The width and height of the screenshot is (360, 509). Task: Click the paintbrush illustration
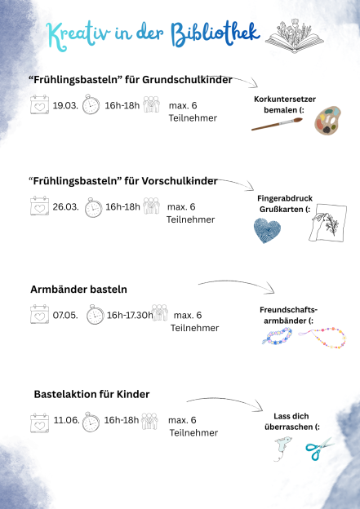coord(277,124)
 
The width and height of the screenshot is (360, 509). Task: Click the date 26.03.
coord(65,207)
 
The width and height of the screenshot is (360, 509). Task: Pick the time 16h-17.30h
coord(130,316)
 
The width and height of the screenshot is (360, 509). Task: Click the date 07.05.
coord(65,316)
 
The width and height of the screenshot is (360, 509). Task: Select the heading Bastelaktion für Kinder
coord(91,394)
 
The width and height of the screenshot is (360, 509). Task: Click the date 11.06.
coord(65,421)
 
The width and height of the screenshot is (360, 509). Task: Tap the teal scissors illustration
coord(318,448)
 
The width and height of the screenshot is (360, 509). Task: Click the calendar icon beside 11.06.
coord(39,422)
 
